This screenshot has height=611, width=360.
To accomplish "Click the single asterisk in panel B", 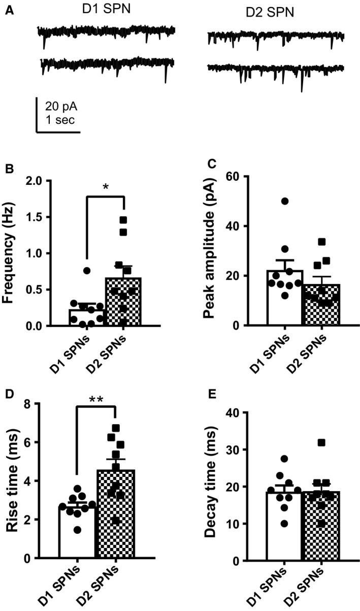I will click(x=105, y=187).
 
